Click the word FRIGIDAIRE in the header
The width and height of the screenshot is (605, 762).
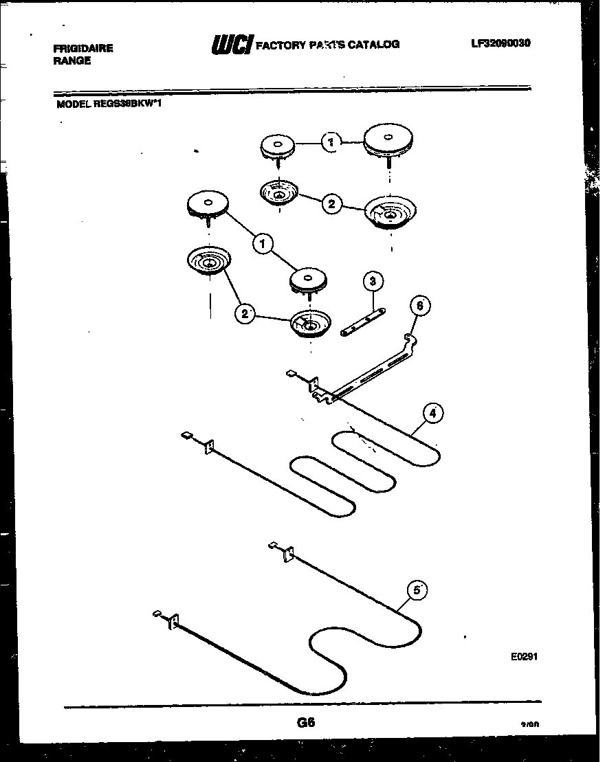tap(83, 48)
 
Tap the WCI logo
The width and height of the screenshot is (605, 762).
tap(232, 45)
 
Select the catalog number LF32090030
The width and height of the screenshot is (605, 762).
tap(500, 43)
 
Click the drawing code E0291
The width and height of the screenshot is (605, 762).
tap(524, 656)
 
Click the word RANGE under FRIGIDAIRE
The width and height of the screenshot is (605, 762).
tap(71, 60)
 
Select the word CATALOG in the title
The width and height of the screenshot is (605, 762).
tap(374, 45)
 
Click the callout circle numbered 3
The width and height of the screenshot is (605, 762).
tap(372, 281)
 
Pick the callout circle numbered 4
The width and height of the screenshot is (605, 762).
tap(432, 413)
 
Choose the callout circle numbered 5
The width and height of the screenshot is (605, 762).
tap(416, 590)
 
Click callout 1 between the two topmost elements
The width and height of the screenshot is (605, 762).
tap(331, 142)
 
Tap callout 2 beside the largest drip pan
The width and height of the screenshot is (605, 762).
tap(331, 204)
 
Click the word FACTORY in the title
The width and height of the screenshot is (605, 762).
tap(280, 45)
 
